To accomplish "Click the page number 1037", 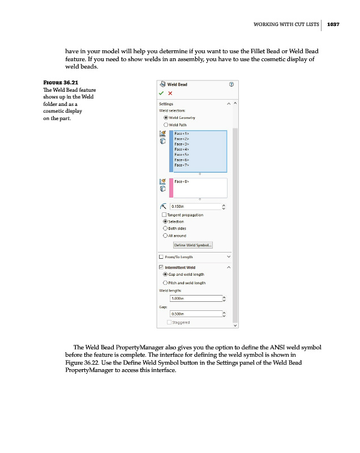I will [333, 24].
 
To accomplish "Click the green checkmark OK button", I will [161, 93].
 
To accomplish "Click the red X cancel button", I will [170, 93].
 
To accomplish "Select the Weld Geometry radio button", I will [166, 117].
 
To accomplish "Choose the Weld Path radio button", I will [166, 125].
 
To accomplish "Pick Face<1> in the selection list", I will [181, 134].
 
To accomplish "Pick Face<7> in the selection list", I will [181, 166].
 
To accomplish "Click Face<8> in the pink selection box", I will [181, 182].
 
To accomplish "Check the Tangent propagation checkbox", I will [164, 215].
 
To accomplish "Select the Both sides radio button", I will [166, 229].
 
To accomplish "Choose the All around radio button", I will [166, 236].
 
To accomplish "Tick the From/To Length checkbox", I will [161, 257].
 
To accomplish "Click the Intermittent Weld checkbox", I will [161, 267].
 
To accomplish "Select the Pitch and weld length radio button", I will [166, 283].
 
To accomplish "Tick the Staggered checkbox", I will [169, 322].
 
